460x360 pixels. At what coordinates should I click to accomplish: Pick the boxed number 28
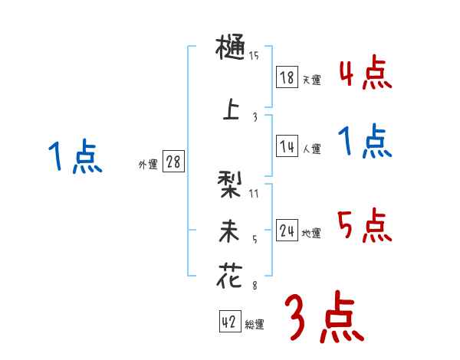tap(173, 162)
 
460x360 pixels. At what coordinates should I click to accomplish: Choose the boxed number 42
tap(228, 323)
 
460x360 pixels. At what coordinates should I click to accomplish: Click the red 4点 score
tap(364, 74)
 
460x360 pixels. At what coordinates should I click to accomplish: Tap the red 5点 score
tap(364, 226)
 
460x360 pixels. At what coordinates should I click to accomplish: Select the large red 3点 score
tap(322, 318)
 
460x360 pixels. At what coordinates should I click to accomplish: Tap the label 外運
tap(148, 164)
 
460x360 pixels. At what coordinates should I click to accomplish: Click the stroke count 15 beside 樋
tap(254, 56)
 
